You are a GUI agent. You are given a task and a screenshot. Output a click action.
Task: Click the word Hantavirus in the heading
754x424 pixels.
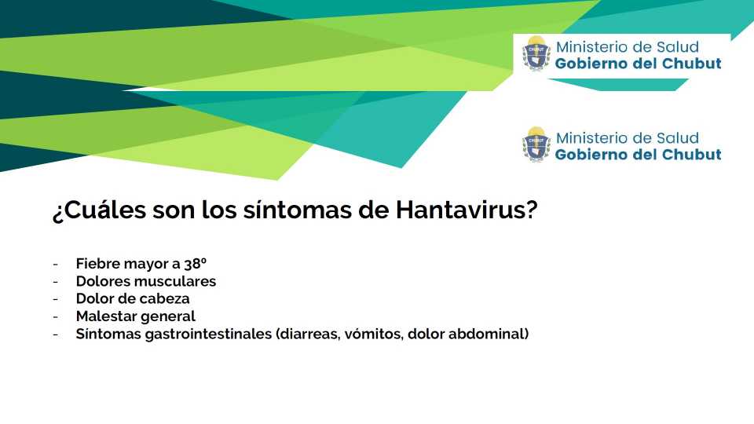(x=467, y=210)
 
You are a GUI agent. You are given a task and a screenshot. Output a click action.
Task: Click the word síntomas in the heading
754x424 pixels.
(x=297, y=210)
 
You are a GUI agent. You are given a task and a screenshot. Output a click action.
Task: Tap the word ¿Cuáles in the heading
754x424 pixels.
(x=99, y=210)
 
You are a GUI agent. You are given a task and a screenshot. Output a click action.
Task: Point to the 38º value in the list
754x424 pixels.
(x=196, y=264)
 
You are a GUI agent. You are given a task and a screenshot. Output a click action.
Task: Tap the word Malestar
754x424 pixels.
(x=104, y=316)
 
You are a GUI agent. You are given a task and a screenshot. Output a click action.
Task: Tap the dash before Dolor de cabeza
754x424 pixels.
(x=55, y=299)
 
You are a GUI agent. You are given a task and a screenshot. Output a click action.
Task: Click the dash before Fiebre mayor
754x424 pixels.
(x=55, y=264)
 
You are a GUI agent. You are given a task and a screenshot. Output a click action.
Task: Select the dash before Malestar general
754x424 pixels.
(x=55, y=316)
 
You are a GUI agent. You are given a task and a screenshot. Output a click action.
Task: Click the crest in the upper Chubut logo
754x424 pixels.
(x=536, y=53)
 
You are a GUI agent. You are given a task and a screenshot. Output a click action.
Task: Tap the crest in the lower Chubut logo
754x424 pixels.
(x=536, y=144)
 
